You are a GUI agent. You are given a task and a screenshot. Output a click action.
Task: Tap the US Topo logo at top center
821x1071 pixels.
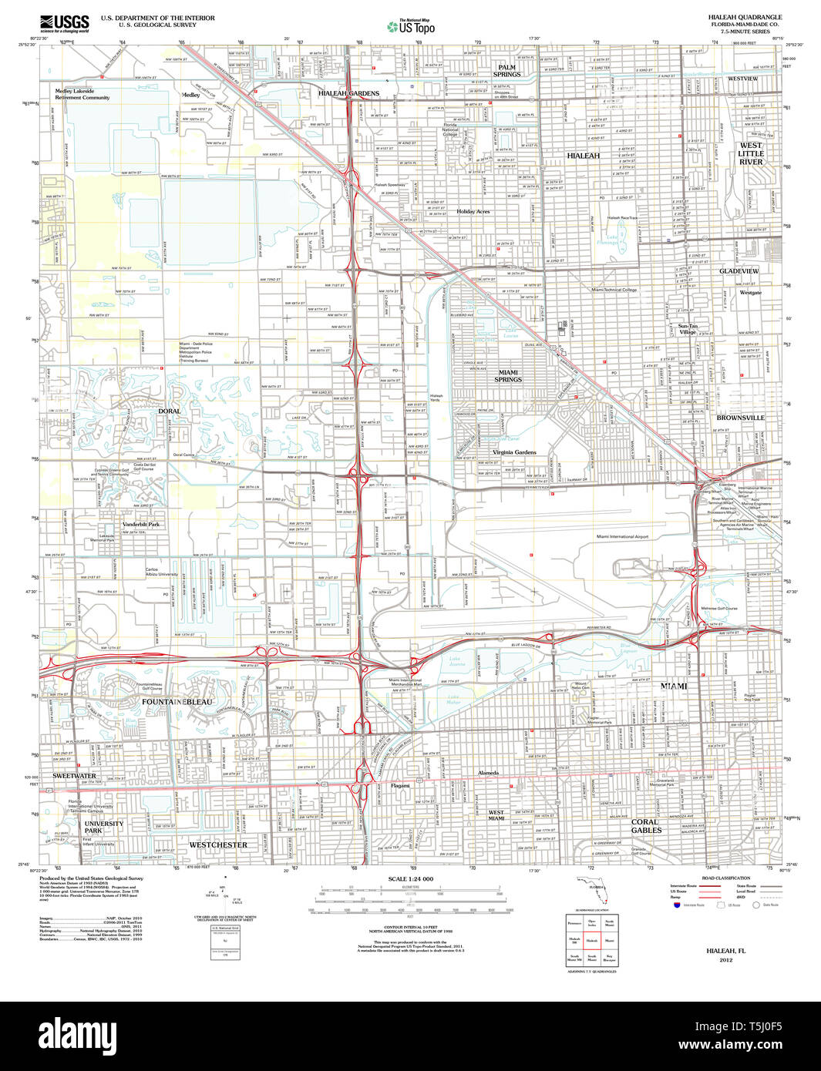[411, 26]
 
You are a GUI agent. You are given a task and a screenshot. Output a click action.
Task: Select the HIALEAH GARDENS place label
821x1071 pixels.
[348, 93]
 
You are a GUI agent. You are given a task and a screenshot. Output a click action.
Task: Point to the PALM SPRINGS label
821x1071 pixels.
[506, 71]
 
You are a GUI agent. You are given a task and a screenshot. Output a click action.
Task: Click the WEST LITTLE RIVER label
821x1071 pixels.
[751, 153]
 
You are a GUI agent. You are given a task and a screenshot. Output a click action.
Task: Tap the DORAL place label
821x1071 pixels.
[170, 411]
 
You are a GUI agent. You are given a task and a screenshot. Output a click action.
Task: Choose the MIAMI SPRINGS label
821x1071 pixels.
[508, 376]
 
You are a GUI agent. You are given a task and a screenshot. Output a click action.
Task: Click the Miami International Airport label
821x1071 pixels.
[622, 536]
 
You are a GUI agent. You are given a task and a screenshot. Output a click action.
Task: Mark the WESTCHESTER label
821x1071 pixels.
[218, 844]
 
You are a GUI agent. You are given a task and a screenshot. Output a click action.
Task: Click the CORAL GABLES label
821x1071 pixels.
[646, 826]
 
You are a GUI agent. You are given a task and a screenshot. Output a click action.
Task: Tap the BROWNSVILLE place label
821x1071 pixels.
[740, 418]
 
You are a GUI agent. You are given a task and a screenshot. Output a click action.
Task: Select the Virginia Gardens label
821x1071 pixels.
[514, 452]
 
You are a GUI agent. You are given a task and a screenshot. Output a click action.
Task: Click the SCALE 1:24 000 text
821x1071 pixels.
[411, 879]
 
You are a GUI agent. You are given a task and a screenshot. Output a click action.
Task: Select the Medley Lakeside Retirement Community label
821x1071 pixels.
[82, 94]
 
